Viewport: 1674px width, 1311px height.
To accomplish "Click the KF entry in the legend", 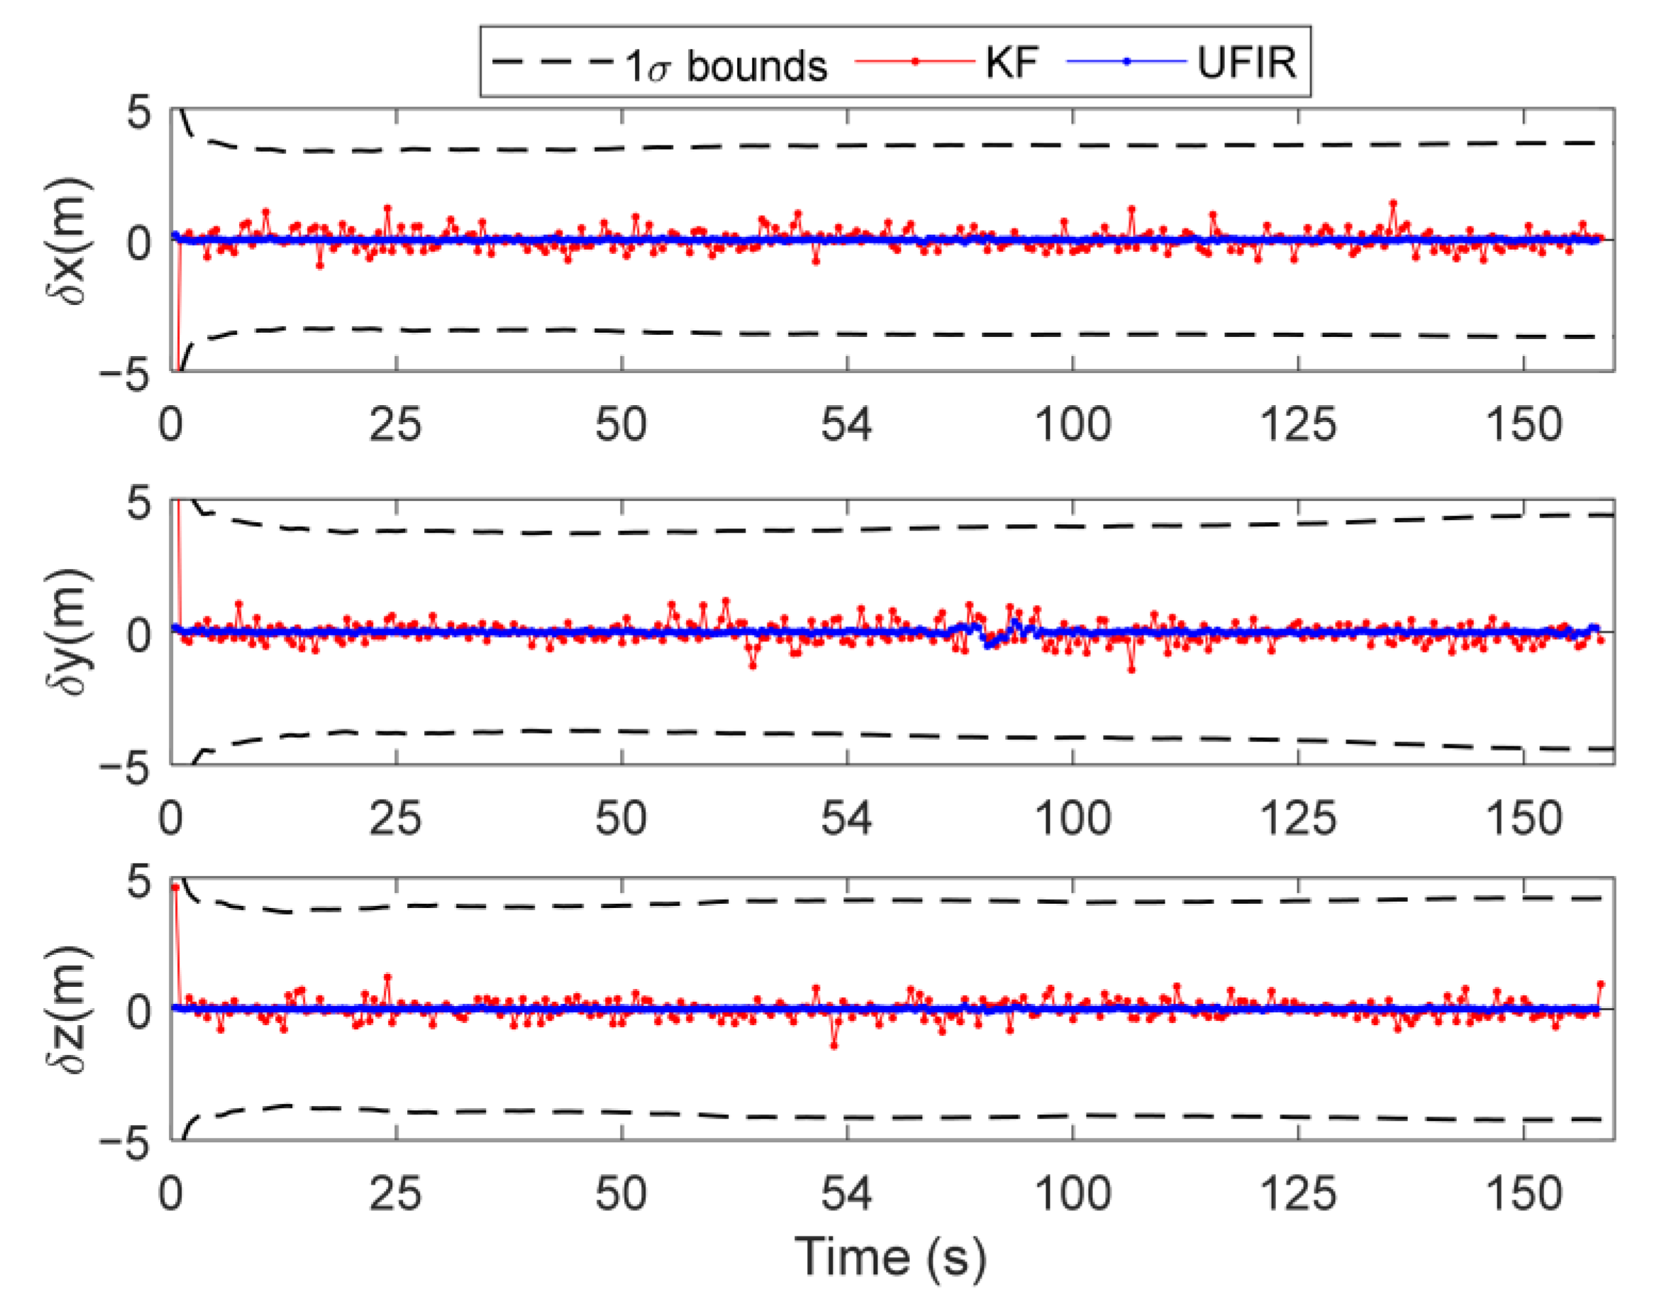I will click(1011, 62).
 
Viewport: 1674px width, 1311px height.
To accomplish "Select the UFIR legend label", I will click(1246, 62).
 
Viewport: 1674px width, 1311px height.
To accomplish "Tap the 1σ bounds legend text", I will click(726, 65).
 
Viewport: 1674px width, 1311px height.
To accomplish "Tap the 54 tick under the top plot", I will click(847, 424).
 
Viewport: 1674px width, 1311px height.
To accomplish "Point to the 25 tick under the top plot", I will click(395, 424).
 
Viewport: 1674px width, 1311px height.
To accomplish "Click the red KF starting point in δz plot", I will click(175, 887).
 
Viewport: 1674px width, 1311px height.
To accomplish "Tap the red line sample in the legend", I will click(915, 62).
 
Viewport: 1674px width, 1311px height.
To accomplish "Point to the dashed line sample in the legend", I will click(553, 62).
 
